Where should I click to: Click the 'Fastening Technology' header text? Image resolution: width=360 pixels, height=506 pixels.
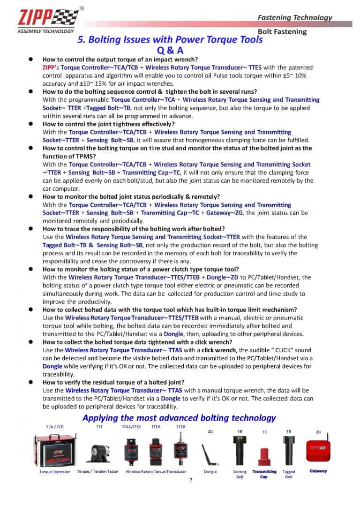pyautogui.click(x=295, y=17)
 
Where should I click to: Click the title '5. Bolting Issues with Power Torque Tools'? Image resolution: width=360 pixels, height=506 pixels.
pyautogui.click(x=170, y=40)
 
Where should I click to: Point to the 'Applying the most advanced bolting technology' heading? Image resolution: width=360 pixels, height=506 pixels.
pyautogui.click(x=179, y=417)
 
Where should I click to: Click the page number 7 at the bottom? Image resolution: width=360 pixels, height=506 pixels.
pyautogui.click(x=191, y=480)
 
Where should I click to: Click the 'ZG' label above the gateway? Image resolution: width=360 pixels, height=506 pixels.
pyautogui.click(x=318, y=432)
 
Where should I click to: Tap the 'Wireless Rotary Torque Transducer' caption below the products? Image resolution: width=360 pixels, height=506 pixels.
pyautogui.click(x=156, y=471)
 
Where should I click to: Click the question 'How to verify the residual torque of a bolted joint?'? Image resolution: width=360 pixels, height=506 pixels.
pyautogui.click(x=113, y=382)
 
